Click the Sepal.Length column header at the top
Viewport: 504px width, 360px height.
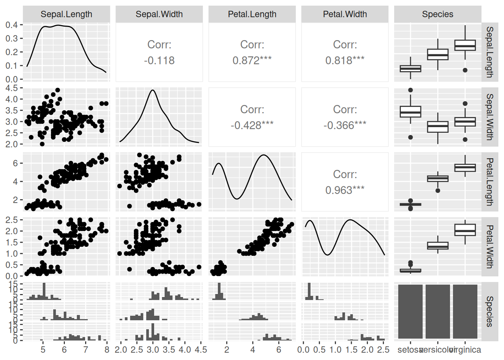66,14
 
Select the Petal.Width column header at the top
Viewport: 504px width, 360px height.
345,14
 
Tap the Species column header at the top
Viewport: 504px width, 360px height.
438,14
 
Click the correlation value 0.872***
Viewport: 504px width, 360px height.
252,60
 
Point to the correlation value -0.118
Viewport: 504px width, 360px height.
159,60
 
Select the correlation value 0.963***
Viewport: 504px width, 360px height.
345,190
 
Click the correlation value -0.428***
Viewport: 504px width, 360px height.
252,125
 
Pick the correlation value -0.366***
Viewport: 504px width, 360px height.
345,125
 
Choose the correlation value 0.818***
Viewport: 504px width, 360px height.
345,60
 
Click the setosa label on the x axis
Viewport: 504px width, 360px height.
410,350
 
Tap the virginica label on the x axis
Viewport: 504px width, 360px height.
465,350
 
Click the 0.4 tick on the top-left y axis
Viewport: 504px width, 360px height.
12,25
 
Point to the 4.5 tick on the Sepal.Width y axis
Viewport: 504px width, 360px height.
12,88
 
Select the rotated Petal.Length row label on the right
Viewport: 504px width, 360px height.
490,182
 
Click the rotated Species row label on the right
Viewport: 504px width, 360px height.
490,312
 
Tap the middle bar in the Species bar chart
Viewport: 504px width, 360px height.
438,312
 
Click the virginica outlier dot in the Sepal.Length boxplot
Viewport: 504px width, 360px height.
465,70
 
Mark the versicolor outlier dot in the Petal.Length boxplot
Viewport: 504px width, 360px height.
438,190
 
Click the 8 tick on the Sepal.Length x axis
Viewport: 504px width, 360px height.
107,350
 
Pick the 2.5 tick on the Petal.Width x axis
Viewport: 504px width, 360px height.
383,350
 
